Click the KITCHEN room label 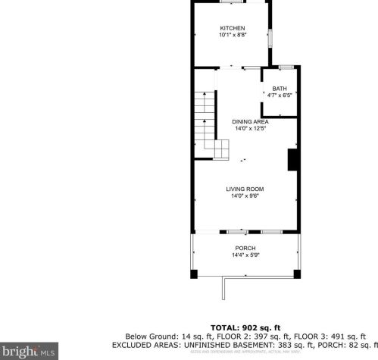tap(233, 28)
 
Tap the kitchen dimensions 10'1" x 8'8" tap(233, 35)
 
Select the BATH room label tap(280, 89)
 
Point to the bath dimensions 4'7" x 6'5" tap(280, 95)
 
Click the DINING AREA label tap(250, 122)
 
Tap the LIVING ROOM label tap(245, 189)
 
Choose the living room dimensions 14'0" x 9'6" tap(245, 196)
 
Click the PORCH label tap(245, 249)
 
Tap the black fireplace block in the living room tap(292, 161)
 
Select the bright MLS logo tap(29, 351)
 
